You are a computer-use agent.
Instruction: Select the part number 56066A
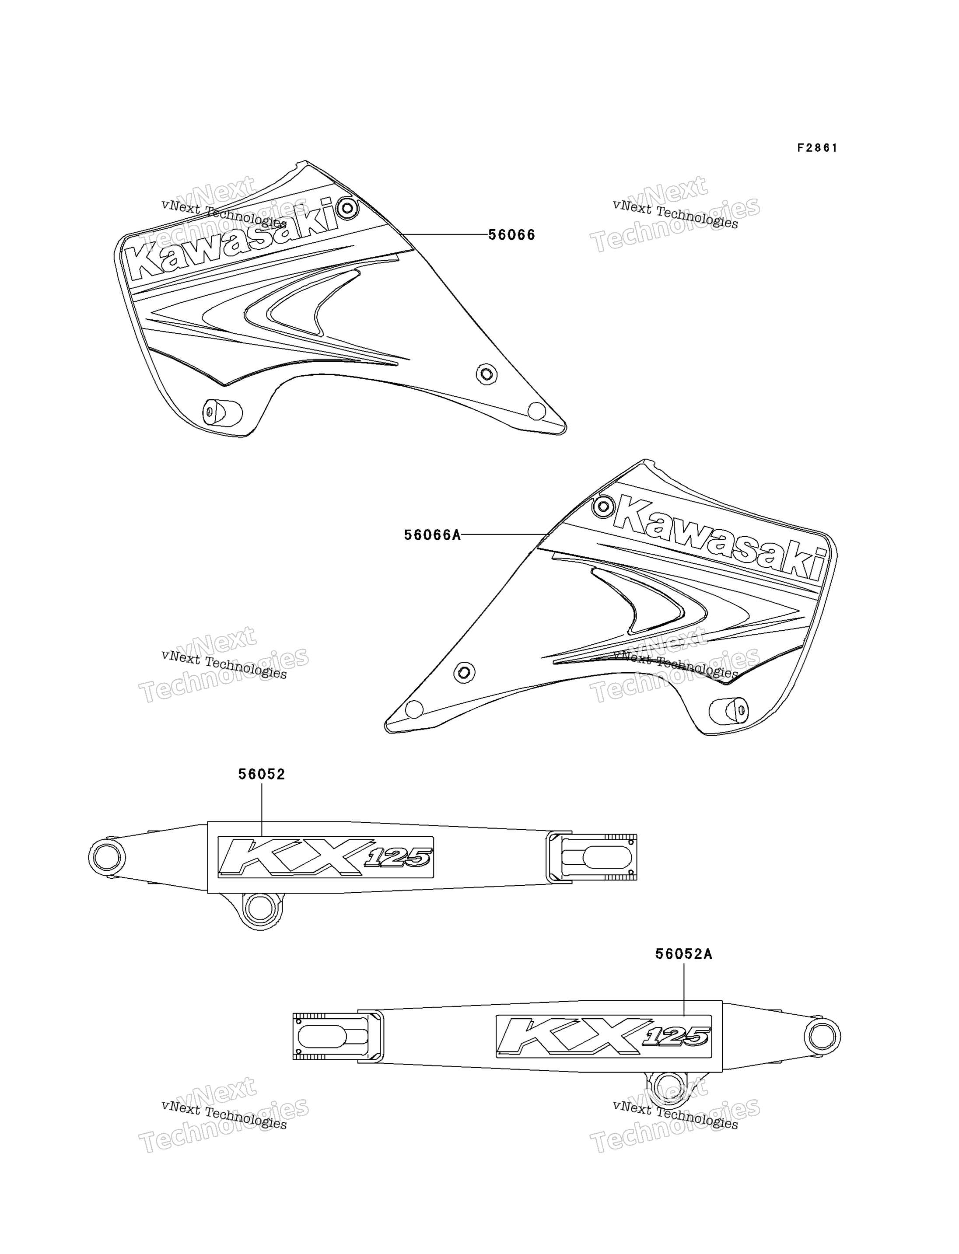pos(432,535)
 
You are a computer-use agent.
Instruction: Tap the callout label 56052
pos(262,774)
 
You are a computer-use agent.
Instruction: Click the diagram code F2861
pos(817,148)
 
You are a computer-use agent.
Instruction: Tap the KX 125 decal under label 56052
pos(326,857)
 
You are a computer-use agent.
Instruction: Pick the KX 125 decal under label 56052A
pos(604,1036)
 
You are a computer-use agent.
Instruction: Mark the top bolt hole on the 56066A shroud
pos(603,506)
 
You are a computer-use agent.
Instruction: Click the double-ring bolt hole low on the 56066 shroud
pos(486,374)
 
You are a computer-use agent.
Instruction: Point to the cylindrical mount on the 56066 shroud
pos(222,412)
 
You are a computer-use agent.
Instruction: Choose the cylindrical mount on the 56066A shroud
pos(728,711)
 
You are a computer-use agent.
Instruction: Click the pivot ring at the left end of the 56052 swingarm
pos(107,857)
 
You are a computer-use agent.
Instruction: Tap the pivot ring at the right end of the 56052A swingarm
pos(822,1036)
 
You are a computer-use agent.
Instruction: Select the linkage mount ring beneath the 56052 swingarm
pos(260,908)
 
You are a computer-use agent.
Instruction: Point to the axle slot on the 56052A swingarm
pos(331,1036)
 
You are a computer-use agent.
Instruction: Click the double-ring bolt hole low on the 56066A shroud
pos(464,672)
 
